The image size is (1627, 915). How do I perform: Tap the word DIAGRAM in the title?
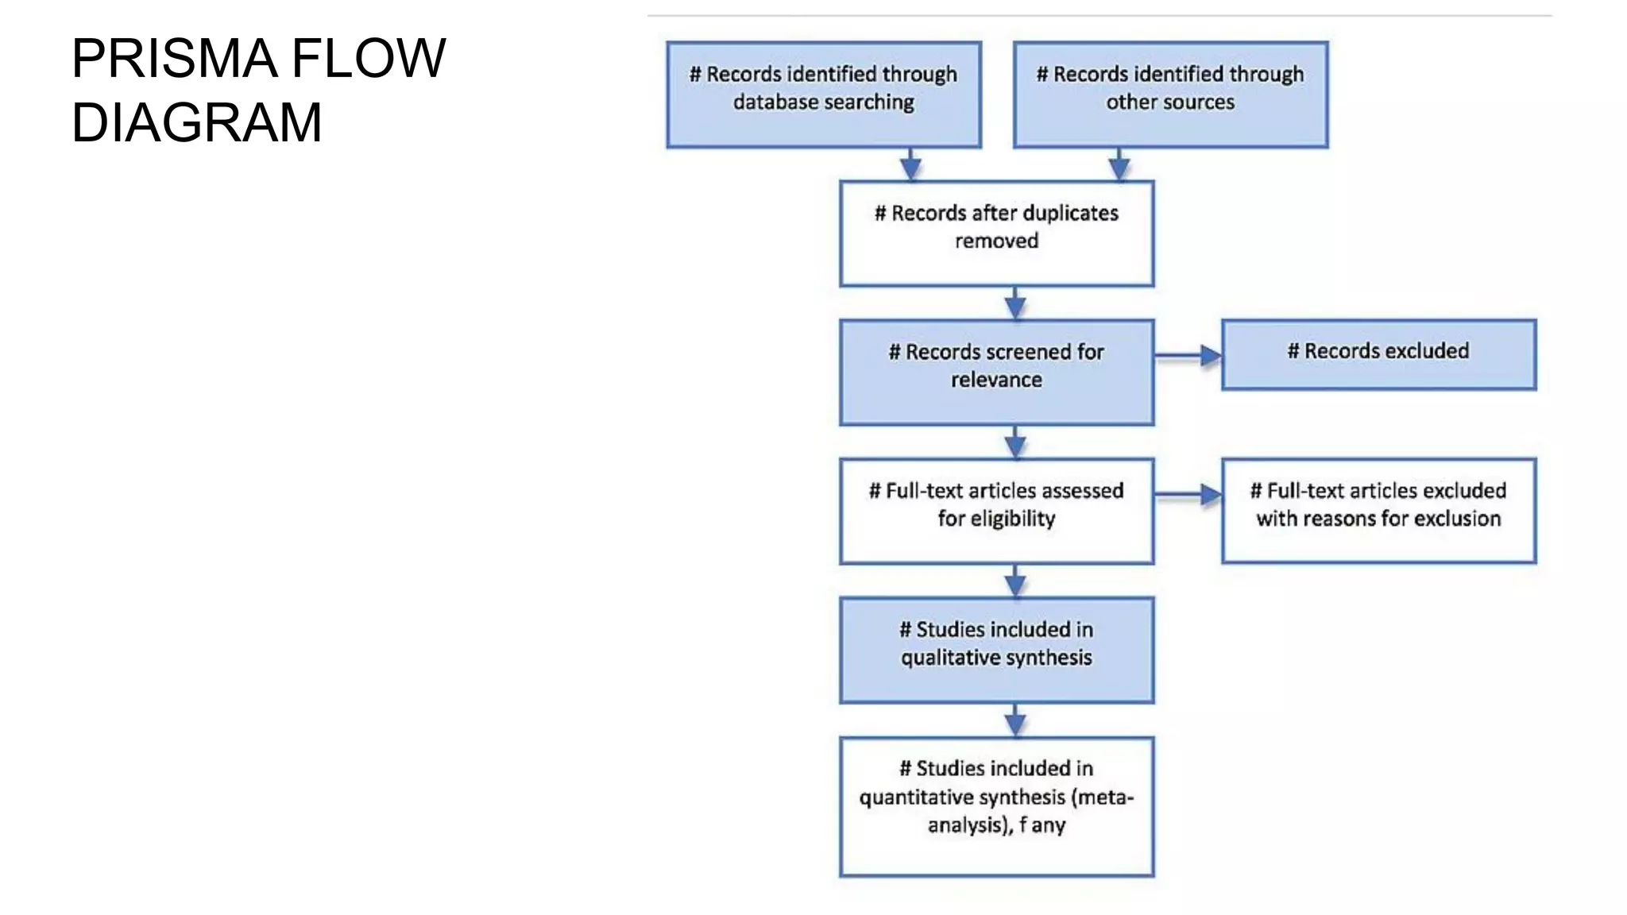point(196,123)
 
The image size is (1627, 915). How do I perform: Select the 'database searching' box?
point(824,95)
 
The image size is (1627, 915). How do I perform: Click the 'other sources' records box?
point(1170,95)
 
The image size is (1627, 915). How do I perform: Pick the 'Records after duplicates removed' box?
point(996,234)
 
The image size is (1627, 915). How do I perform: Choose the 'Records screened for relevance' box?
point(996,373)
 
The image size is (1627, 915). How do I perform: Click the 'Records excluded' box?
point(1378,354)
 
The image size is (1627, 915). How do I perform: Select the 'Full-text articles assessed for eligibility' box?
point(996,511)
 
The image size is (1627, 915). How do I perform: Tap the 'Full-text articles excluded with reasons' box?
point(1378,511)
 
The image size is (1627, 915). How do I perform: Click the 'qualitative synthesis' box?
point(996,650)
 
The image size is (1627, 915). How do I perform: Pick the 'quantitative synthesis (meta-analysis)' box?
point(996,806)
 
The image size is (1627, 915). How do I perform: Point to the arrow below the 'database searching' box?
point(910,164)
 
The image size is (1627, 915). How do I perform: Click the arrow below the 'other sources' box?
point(1119,164)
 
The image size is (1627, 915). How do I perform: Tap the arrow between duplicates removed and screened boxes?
point(1014,303)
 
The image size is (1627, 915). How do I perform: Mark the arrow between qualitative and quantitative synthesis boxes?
point(1014,720)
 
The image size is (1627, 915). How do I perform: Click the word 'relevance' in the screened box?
point(996,380)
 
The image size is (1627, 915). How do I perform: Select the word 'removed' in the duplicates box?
point(996,241)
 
